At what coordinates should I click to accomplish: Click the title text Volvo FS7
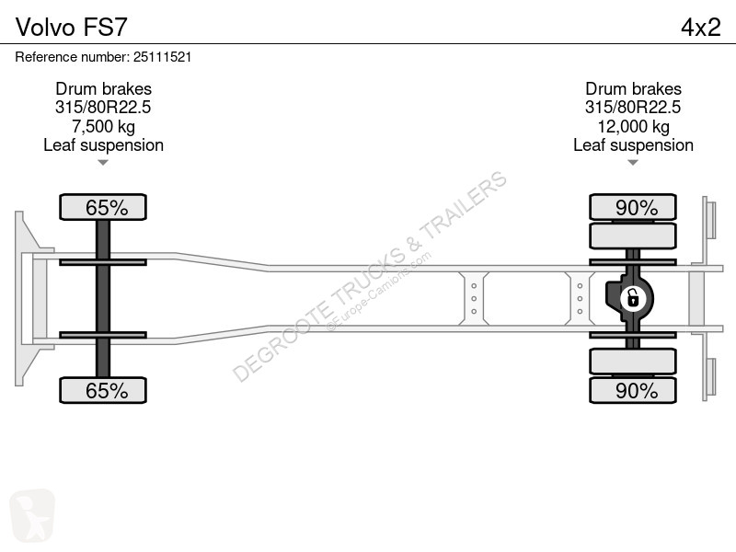(72, 28)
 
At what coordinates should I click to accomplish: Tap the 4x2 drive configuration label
(700, 28)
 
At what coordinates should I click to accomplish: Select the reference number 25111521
(163, 57)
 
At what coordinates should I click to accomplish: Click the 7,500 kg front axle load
(103, 126)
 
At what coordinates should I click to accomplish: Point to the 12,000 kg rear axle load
(633, 126)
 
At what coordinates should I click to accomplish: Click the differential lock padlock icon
(633, 298)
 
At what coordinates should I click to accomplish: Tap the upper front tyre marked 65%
(103, 207)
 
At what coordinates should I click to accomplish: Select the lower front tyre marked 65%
(103, 390)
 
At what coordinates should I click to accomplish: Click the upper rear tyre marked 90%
(633, 207)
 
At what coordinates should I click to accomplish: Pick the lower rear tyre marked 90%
(633, 390)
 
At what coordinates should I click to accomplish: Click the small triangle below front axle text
(103, 163)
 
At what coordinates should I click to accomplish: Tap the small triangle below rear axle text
(633, 163)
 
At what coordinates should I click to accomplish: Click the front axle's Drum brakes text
(103, 88)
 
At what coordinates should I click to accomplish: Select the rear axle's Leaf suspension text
(633, 145)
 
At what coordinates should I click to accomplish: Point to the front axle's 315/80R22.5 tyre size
(103, 108)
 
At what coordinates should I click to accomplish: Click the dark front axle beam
(103, 298)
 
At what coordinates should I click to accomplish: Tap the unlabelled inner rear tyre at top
(633, 236)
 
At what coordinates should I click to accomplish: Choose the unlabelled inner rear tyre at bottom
(633, 361)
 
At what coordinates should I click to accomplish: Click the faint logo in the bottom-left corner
(32, 515)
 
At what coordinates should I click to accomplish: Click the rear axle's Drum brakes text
(633, 88)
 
